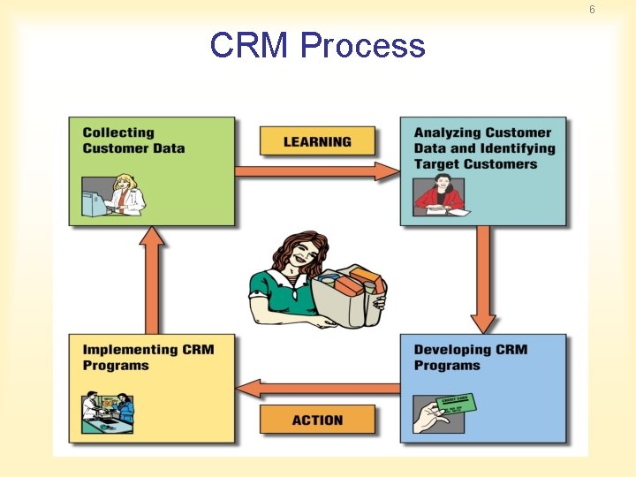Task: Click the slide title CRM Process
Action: (317, 45)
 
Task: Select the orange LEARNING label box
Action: (317, 141)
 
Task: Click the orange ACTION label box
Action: (317, 420)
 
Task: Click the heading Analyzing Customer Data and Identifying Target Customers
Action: (484, 148)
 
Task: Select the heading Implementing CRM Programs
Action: (148, 358)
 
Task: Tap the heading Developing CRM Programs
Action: (470, 358)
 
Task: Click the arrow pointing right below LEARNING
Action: (317, 171)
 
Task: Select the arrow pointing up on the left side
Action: (153, 278)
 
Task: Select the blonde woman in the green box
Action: (126, 194)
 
